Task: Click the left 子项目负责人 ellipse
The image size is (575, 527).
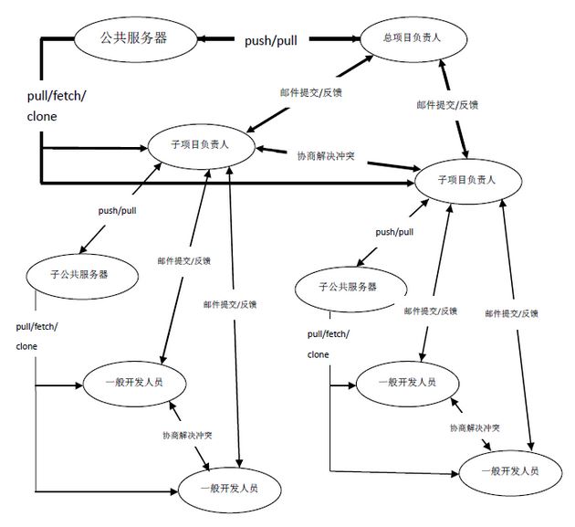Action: (x=201, y=144)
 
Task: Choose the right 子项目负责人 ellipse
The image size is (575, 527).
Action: (x=468, y=179)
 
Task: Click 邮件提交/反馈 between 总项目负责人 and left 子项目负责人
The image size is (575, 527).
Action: (x=304, y=91)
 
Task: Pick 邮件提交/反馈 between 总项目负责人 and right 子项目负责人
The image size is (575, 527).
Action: (x=447, y=104)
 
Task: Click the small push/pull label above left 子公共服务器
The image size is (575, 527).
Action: (x=118, y=210)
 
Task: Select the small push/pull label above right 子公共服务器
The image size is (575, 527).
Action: (x=394, y=232)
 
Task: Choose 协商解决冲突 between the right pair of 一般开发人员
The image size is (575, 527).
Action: (x=474, y=427)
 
